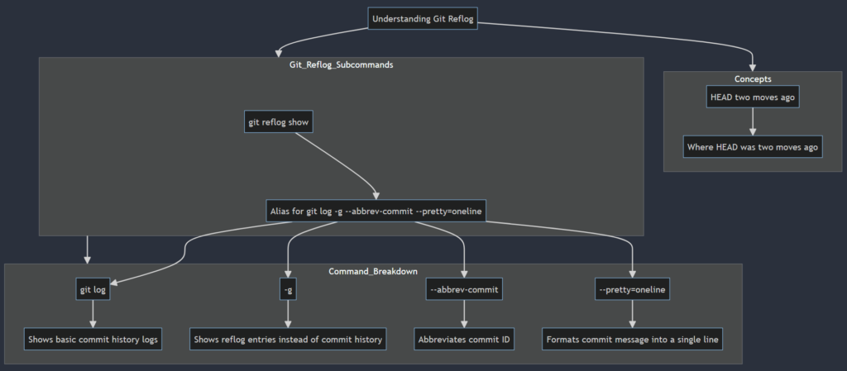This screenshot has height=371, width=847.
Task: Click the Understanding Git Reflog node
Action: [x=423, y=19]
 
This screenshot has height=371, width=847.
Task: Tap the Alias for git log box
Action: [x=376, y=212]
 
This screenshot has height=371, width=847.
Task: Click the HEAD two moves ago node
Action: [x=753, y=97]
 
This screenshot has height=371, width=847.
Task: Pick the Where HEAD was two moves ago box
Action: [x=753, y=148]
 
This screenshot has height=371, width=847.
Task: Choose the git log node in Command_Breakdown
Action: [x=93, y=289]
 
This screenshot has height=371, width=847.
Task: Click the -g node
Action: [x=288, y=289]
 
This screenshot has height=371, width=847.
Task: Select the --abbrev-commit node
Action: [x=464, y=289]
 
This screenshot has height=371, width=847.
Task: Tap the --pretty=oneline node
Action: [x=633, y=289]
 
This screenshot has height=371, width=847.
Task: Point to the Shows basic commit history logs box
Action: [x=93, y=339]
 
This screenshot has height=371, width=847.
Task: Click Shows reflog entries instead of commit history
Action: [x=288, y=339]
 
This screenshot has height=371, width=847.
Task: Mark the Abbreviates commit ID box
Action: [x=464, y=339]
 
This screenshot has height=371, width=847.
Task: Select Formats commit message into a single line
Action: [x=633, y=339]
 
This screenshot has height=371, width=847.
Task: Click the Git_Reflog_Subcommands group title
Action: [x=341, y=64]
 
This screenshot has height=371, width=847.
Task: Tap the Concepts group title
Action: [x=753, y=79]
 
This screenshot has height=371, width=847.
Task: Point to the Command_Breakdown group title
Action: [x=373, y=271]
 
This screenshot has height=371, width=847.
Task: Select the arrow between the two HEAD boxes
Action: [x=753, y=122]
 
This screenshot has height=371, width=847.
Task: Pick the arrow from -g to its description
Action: [x=288, y=314]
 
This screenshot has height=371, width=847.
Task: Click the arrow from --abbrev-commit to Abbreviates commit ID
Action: [x=464, y=314]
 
